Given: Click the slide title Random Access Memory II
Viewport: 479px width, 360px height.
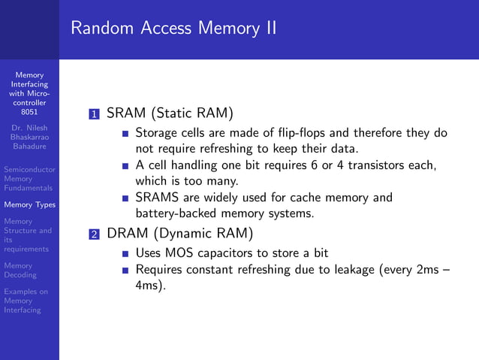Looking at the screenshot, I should click(x=173, y=28).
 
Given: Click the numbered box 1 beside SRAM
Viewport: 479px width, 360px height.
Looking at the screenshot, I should click(x=94, y=115).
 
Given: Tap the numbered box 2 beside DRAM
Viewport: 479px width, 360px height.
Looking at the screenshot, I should click(x=94, y=234).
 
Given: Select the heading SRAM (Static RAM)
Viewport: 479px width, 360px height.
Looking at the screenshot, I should click(x=170, y=113).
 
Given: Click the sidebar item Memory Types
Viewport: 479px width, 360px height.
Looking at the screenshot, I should click(x=29, y=204).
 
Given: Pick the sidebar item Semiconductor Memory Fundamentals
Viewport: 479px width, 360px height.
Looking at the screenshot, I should click(x=29, y=179).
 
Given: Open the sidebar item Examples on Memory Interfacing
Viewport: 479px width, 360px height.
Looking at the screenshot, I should click(x=26, y=301).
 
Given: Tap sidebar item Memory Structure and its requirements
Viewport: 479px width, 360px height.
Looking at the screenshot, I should click(x=28, y=235).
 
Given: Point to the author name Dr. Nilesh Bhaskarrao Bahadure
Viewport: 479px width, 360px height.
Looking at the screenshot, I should click(x=29, y=138).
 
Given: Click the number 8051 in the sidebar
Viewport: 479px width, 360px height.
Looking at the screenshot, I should click(x=29, y=113).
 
